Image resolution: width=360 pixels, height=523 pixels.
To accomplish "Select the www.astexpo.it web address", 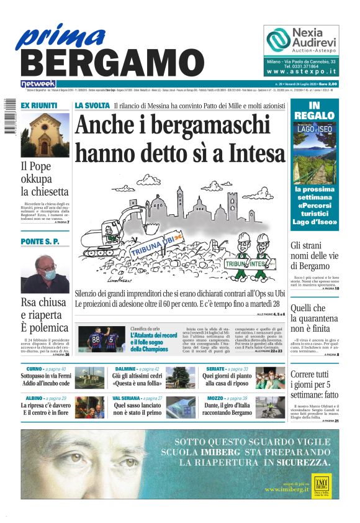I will pos(301,71).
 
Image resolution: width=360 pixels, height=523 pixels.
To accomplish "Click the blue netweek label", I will pos(38,83).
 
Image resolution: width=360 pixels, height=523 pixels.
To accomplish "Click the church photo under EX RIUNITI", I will pos(45,135).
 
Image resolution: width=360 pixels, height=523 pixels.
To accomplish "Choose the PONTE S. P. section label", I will pos(40,241).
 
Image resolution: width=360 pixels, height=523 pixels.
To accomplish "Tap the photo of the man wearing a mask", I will pos(45,273).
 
